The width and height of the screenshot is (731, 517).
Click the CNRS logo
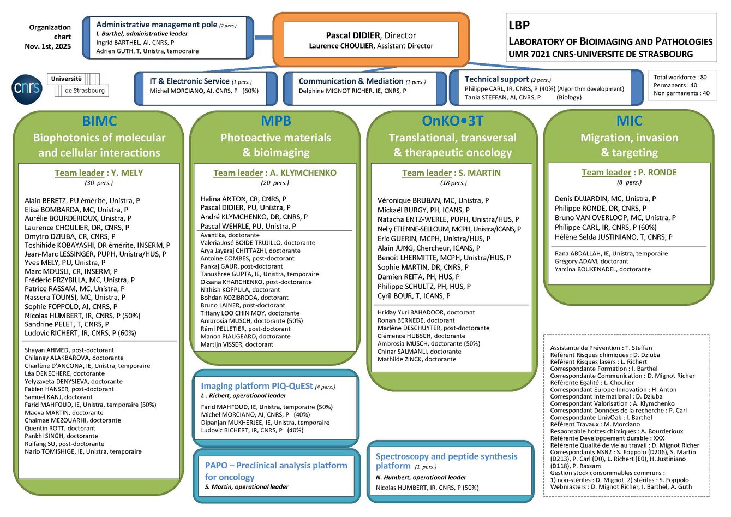[27, 88]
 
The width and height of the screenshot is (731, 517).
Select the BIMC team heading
[99, 121]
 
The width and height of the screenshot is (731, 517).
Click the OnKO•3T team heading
[452, 121]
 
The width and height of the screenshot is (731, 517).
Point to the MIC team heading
[629, 121]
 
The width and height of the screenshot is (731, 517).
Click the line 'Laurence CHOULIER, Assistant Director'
[371, 46]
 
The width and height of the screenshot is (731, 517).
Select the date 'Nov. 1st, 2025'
[48, 46]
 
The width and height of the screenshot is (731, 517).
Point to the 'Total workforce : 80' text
[680, 78]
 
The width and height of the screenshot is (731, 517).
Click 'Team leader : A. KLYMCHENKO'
[275, 173]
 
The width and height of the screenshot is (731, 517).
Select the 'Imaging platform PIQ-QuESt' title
[256, 386]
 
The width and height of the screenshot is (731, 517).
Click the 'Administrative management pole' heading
[157, 25]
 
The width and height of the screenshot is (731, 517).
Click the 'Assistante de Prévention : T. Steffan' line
[601, 348]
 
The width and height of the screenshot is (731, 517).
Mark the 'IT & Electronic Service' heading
[189, 81]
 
